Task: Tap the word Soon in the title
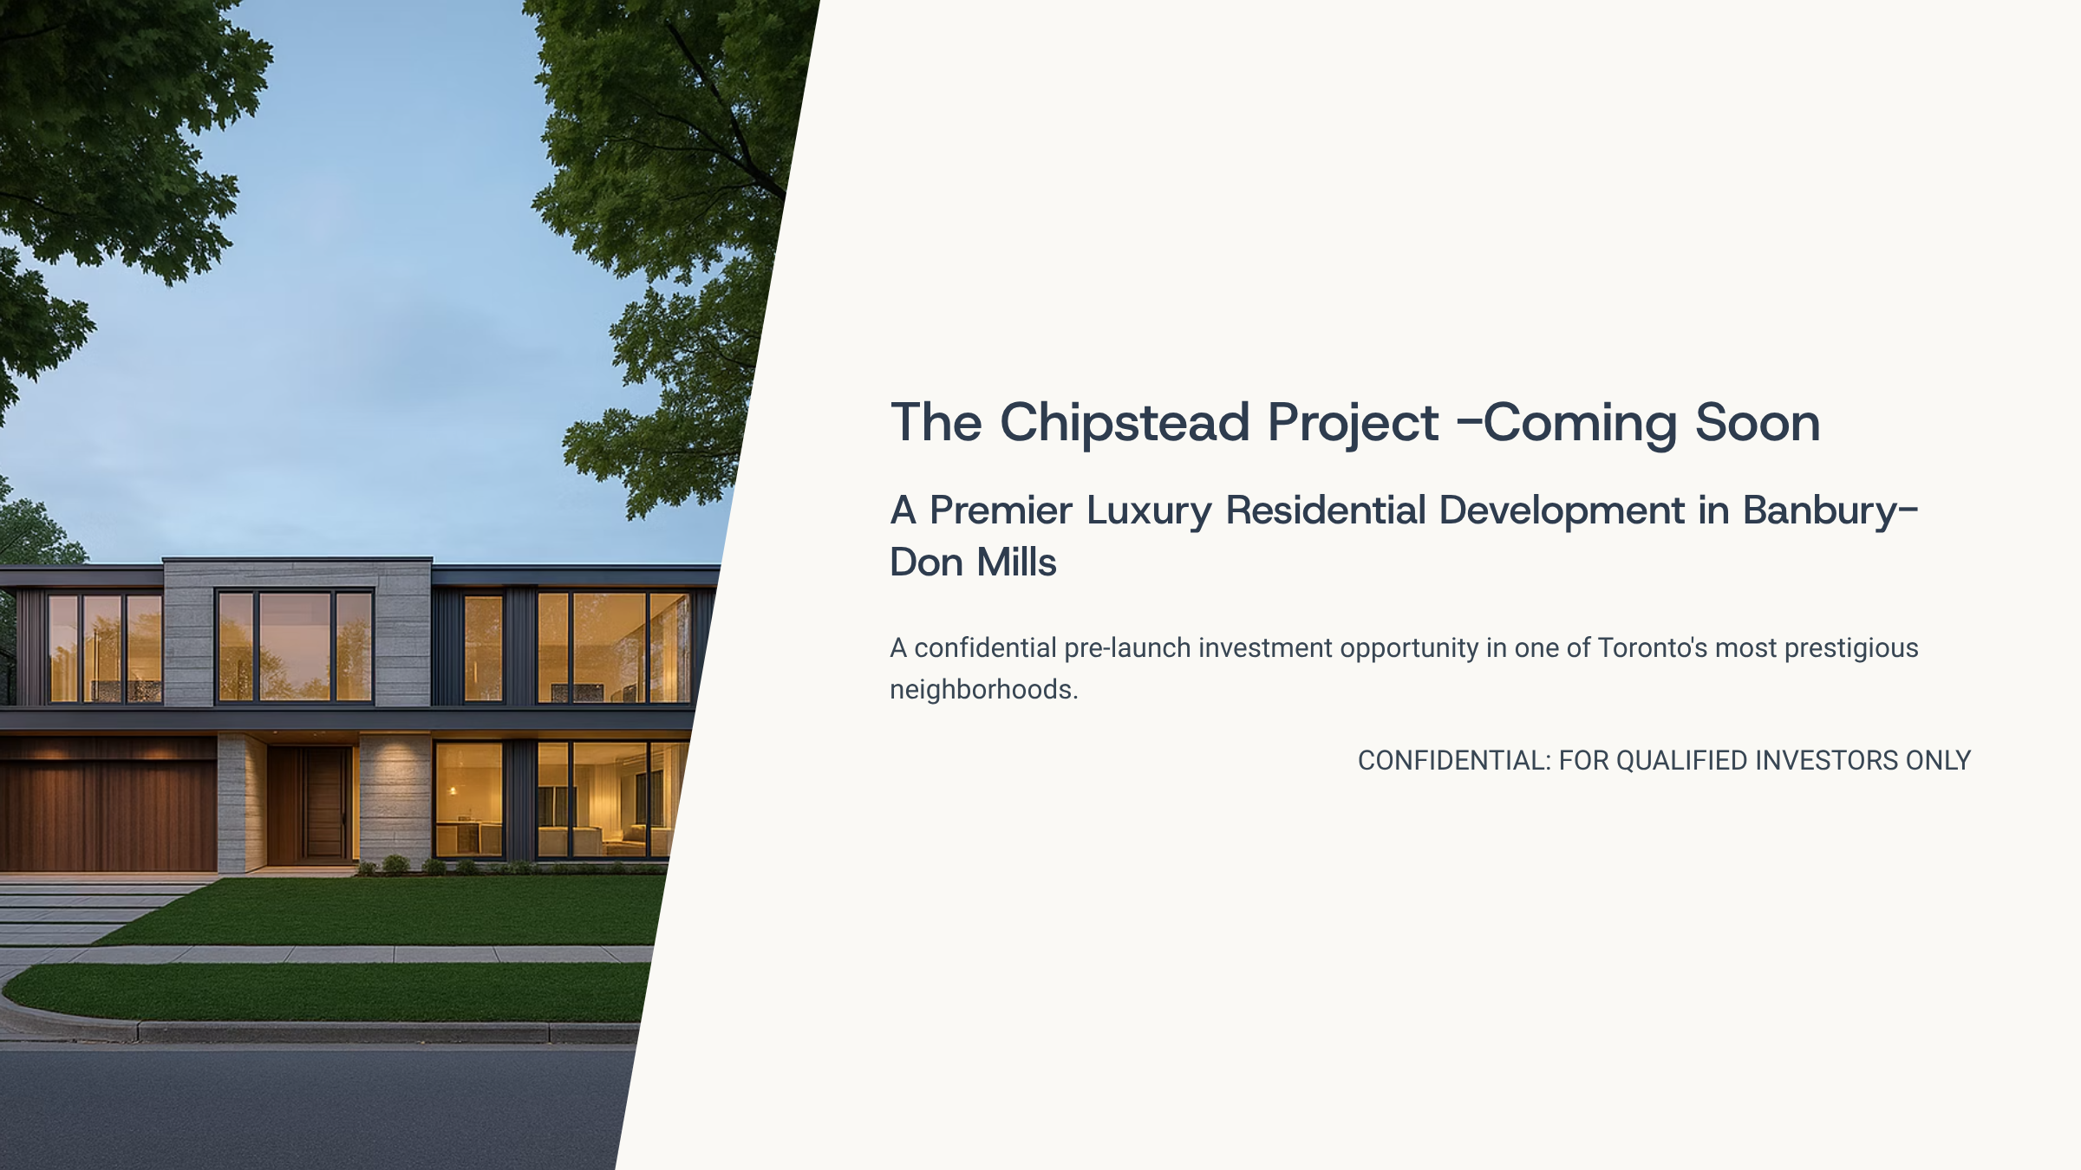coord(1757,423)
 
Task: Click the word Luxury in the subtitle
coord(1149,511)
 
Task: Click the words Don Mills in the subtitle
coord(973,562)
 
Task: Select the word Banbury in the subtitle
coord(1821,511)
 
